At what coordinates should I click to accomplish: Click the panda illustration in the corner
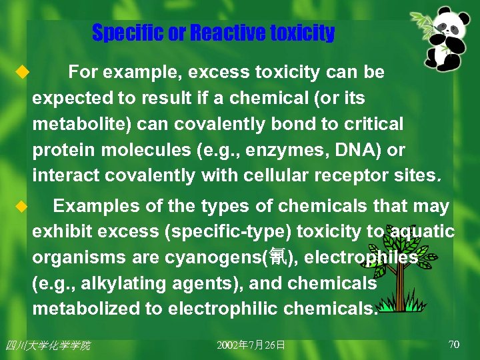point(444,40)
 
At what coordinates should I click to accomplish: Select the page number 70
point(454,345)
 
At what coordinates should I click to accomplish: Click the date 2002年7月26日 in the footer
point(251,345)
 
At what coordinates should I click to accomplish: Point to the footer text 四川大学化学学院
point(47,345)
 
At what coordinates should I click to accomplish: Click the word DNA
point(349,150)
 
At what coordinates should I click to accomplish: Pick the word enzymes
point(281,151)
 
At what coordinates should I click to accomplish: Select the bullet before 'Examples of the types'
point(20,206)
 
